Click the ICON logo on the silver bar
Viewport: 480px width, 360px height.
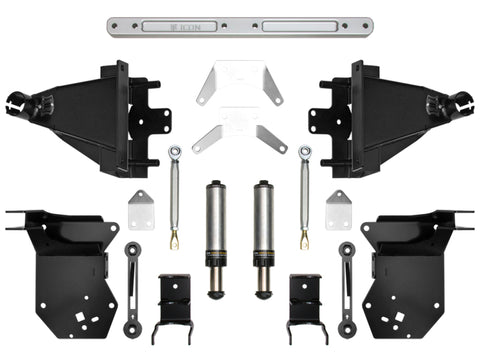point(241,24)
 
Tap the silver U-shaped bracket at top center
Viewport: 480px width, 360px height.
point(239,84)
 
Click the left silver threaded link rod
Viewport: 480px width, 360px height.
point(174,196)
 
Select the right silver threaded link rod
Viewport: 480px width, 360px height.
point(304,196)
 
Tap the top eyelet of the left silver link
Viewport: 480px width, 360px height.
point(175,152)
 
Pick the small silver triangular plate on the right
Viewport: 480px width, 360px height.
point(338,211)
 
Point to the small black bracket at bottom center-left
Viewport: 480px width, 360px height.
point(175,305)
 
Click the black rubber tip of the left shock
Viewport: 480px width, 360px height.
point(214,293)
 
